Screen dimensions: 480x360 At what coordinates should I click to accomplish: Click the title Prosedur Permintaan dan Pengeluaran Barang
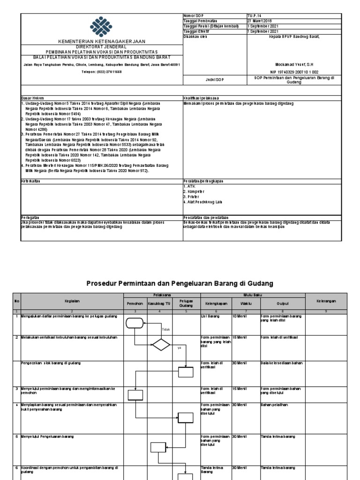(180, 283)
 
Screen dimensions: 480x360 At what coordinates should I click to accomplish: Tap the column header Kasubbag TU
(160, 304)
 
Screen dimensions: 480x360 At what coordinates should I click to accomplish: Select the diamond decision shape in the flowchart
(161, 345)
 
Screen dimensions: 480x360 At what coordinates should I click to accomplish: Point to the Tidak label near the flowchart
(165, 330)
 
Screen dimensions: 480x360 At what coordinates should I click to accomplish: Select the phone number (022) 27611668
(101, 72)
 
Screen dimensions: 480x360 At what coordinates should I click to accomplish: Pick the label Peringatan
(30, 217)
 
